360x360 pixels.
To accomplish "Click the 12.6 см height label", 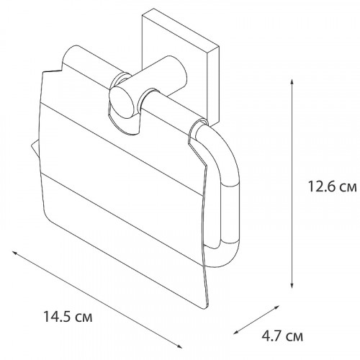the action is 332,186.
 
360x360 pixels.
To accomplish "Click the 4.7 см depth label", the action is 282,336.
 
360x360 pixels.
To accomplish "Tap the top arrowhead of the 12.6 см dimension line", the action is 292,81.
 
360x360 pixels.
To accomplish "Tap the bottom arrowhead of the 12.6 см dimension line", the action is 292,285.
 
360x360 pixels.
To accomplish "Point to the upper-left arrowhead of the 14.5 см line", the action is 14,253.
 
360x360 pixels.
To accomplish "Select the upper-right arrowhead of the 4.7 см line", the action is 277,307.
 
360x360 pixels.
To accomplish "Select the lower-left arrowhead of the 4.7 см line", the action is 236,332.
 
